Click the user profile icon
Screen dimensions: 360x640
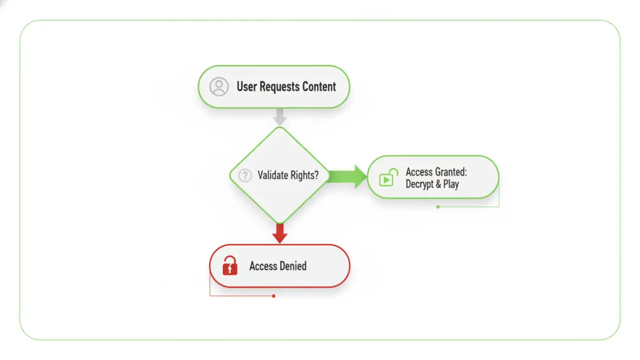219,87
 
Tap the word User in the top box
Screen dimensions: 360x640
247,87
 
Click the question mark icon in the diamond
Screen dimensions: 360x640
245,175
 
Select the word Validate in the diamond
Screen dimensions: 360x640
273,175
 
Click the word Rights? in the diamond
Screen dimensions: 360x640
305,175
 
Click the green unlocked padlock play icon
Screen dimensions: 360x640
388,177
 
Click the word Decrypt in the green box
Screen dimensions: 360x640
420,185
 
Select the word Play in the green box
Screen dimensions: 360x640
451,185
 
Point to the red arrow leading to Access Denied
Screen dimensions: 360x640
279,233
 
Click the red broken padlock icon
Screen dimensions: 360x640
230,265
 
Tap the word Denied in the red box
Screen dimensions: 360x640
293,266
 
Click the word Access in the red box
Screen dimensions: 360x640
263,266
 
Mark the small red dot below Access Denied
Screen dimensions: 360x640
274,296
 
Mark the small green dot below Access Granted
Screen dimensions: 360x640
438,206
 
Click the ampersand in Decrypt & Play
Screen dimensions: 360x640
438,185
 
